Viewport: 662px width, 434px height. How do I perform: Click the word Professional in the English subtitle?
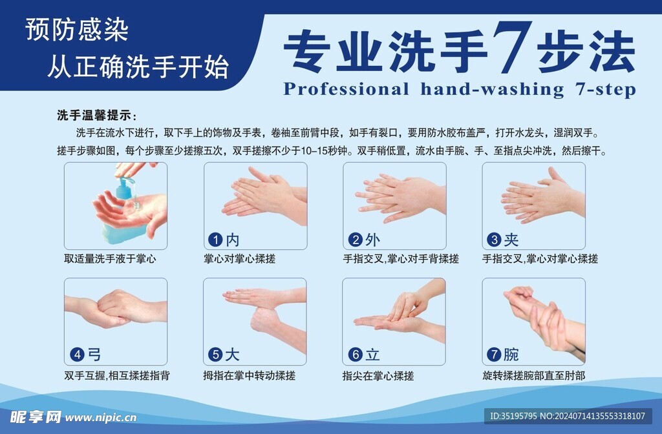click(x=346, y=88)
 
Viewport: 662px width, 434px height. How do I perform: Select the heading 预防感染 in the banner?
click(x=77, y=30)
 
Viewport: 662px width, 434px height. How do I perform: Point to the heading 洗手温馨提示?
click(x=97, y=116)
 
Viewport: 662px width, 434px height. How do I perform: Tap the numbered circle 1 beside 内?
click(x=215, y=240)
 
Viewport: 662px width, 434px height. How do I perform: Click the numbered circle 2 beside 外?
click(x=354, y=240)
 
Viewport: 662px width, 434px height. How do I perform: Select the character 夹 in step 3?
click(x=511, y=240)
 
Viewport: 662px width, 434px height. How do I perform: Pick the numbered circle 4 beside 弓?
click(x=77, y=355)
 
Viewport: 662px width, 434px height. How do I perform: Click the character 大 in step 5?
click(x=232, y=355)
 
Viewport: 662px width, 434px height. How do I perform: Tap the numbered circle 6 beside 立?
click(x=354, y=355)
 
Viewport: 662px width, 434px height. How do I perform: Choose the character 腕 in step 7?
click(x=511, y=355)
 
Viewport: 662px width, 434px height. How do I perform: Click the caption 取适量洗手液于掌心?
click(x=110, y=259)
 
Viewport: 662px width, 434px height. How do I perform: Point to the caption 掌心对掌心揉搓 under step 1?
click(x=239, y=259)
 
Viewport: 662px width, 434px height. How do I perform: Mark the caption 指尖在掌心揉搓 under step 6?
click(x=378, y=375)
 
